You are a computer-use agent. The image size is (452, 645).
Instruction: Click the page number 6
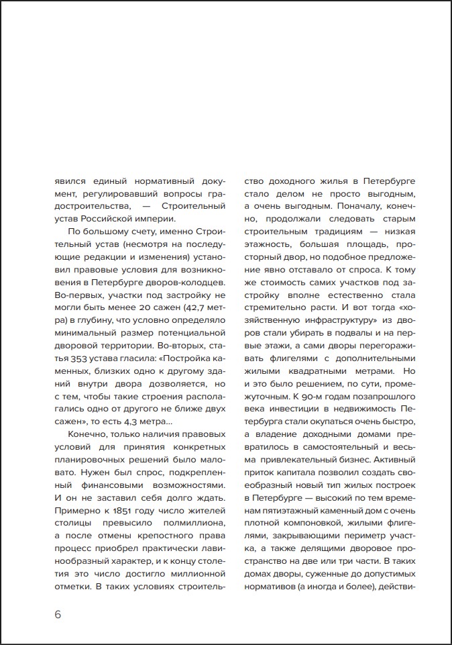pyautogui.click(x=58, y=614)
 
